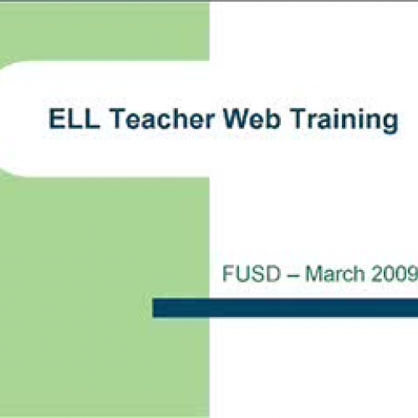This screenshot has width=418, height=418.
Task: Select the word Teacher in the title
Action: (x=148, y=120)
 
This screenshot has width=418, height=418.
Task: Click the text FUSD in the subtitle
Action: (x=248, y=273)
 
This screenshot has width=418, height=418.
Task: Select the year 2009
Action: (x=395, y=273)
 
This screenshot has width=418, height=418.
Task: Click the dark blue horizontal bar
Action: (x=284, y=308)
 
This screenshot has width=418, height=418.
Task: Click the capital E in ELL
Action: (x=51, y=120)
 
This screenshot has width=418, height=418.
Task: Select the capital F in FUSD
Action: (x=229, y=273)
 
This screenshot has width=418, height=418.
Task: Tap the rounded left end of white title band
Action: (x=7, y=117)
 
